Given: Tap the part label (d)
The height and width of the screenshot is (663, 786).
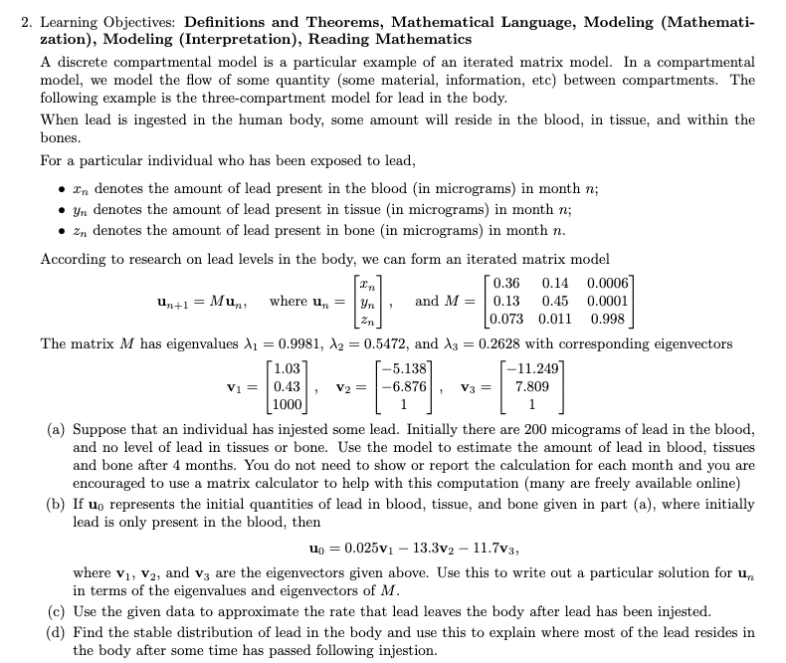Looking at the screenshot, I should tap(58, 632).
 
